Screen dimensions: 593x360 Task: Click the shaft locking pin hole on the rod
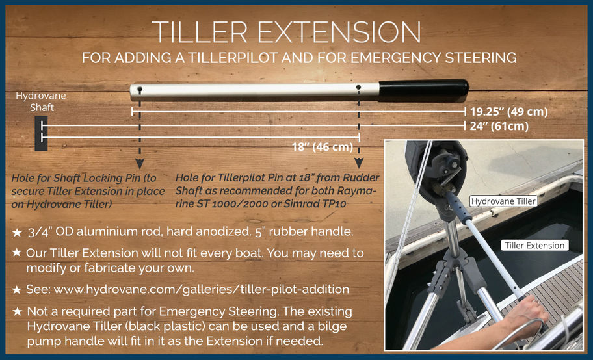pos(140,89)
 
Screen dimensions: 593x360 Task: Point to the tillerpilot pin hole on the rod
pos(358,87)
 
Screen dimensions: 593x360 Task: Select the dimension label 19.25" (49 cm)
pos(508,112)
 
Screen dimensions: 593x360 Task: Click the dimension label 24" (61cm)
pos(499,126)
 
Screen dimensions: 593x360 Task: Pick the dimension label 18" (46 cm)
pos(323,147)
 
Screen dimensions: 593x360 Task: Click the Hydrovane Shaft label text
pos(41,101)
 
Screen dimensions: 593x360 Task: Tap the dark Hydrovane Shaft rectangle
pos(41,133)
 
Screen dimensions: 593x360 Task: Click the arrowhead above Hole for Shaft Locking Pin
pos(140,164)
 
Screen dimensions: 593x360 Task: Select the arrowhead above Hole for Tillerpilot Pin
pos(358,163)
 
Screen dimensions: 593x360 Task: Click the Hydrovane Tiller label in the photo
pos(504,201)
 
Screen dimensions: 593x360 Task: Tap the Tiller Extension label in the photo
pos(534,246)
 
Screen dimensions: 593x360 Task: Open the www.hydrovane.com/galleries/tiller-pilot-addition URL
pos(201,289)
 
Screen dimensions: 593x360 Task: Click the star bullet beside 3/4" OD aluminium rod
pos(17,233)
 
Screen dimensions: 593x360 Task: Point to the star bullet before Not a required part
pos(17,312)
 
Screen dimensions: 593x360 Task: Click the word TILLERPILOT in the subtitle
pos(233,57)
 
